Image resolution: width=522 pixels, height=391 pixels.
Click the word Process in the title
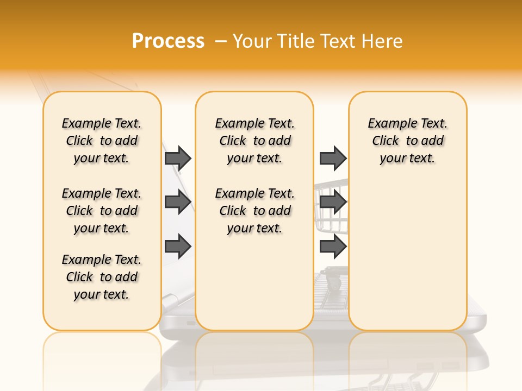point(168,41)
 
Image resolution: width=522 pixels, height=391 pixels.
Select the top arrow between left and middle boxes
point(178,158)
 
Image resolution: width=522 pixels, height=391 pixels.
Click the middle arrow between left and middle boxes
point(178,202)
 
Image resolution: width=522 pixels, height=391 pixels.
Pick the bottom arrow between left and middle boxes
point(178,247)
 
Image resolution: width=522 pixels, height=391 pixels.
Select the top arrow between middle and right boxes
point(333,158)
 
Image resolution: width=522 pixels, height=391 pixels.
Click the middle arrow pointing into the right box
point(333,202)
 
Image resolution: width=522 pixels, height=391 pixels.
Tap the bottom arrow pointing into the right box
point(333,247)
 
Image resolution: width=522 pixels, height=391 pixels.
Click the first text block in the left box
point(102,141)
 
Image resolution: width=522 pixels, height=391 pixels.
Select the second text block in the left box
point(102,211)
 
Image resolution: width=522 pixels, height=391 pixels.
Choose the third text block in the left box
point(102,277)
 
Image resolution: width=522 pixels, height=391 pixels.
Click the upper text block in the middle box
point(254,141)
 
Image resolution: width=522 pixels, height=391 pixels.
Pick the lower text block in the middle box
point(254,211)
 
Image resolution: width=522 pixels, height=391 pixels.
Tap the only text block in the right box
point(407,141)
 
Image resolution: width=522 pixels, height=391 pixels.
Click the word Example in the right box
point(388,124)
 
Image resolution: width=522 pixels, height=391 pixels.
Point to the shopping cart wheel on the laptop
point(333,282)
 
